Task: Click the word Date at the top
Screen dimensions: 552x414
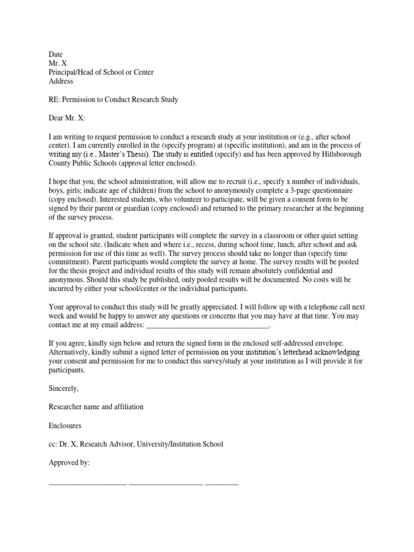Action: [56, 54]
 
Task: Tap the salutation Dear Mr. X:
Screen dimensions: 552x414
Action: [67, 118]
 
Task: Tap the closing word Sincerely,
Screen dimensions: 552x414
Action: [64, 389]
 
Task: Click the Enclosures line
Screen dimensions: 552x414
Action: [65, 425]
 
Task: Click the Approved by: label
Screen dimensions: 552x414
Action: [69, 462]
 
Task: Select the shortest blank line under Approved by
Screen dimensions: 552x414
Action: [221, 483]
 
